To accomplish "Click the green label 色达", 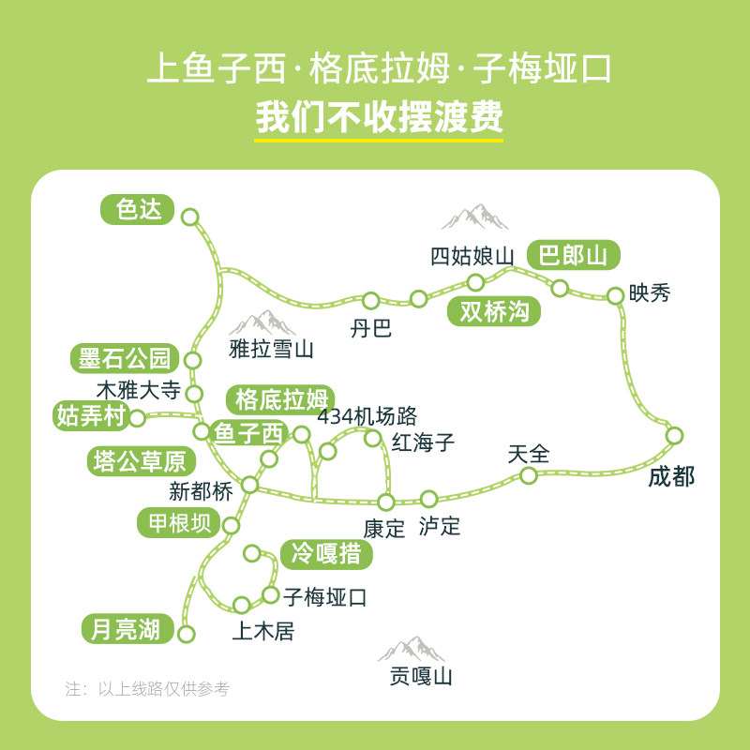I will click(139, 209).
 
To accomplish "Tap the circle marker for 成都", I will click(674, 435).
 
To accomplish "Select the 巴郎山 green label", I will click(574, 256).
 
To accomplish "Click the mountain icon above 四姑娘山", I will click(475, 218).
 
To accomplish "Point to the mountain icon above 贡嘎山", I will click(411, 649).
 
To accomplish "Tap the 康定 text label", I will click(384, 528).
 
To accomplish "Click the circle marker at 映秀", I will click(615, 296).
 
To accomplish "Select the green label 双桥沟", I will click(494, 311).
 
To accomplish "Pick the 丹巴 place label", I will click(370, 328).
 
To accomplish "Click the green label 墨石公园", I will click(124, 358).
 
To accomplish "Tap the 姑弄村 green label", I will click(91, 415).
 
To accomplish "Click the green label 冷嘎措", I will click(326, 554).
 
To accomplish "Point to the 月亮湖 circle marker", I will click(187, 634).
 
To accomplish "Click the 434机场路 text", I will click(367, 416).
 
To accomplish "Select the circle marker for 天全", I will click(529, 476).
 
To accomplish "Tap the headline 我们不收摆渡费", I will click(379, 119).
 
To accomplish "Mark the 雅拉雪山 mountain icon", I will click(262, 323).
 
